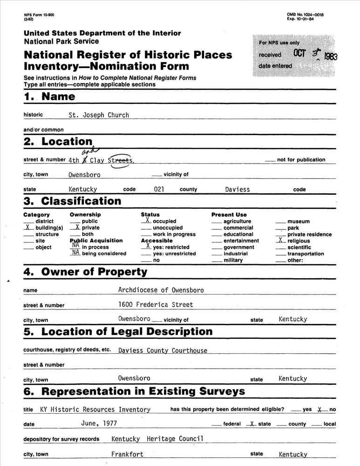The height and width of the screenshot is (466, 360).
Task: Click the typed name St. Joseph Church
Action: (x=99, y=115)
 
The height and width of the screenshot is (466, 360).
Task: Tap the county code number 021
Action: (x=159, y=190)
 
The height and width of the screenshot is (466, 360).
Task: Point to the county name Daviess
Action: (x=238, y=190)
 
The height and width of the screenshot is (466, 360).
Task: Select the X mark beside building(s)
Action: (x=27, y=227)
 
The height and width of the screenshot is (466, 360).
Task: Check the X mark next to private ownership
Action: (x=77, y=227)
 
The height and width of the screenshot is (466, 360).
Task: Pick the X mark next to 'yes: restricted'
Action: (x=148, y=245)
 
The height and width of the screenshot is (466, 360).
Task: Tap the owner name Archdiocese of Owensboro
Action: (x=161, y=290)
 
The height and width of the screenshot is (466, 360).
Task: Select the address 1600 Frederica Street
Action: (x=156, y=305)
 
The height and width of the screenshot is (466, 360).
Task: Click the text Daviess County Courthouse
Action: (x=163, y=350)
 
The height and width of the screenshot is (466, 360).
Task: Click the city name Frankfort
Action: (x=127, y=454)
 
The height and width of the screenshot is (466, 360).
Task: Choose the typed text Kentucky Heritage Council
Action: (x=157, y=439)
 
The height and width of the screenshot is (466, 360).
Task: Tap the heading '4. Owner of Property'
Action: (x=85, y=272)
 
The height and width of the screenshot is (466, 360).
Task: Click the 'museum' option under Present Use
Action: (x=299, y=221)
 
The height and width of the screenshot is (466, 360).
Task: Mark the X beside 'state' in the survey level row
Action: (x=252, y=424)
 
